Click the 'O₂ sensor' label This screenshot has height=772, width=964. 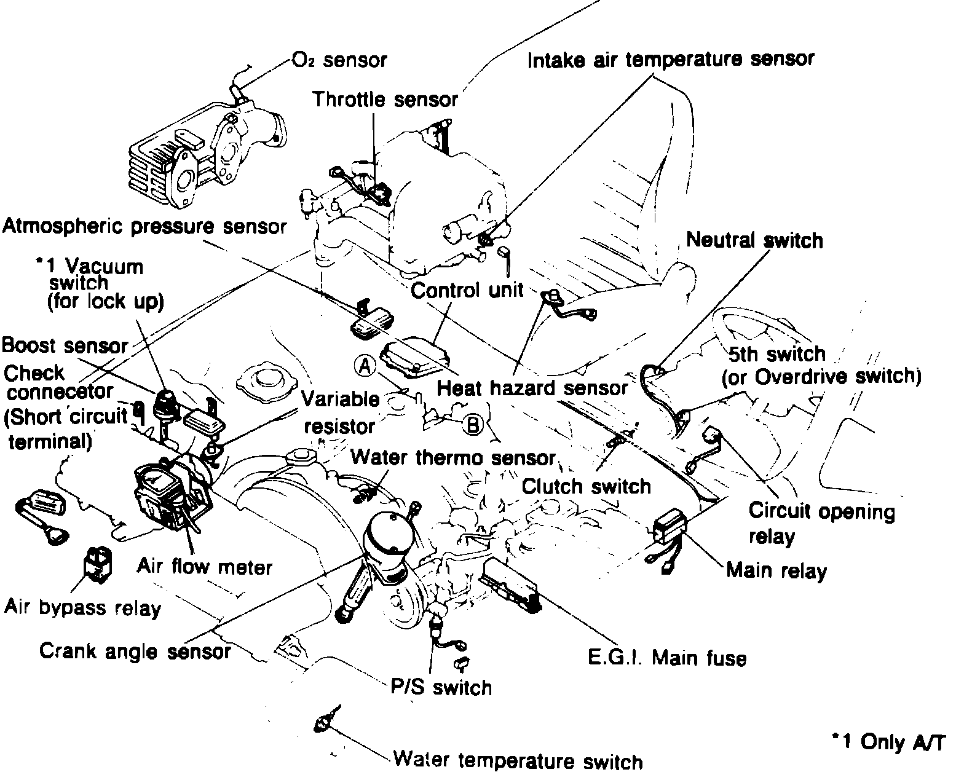[x=339, y=60]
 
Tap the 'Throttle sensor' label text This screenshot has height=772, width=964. [x=385, y=99]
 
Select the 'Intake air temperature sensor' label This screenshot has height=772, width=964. [x=671, y=60]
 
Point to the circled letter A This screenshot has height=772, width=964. [x=365, y=366]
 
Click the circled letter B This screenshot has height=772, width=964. [x=473, y=425]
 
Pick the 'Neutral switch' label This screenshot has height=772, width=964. [x=754, y=240]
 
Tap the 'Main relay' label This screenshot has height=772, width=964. [x=776, y=570]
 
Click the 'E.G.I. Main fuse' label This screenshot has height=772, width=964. [x=666, y=658]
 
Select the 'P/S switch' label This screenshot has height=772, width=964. [x=441, y=687]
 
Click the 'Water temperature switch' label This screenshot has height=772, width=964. [x=518, y=760]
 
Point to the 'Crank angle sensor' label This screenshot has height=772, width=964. [x=135, y=651]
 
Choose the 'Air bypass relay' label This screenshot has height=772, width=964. [x=82, y=608]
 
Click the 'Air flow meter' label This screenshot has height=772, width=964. [x=204, y=565]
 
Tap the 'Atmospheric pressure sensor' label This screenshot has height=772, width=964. [x=144, y=227]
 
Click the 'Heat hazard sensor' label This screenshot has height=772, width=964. [x=532, y=388]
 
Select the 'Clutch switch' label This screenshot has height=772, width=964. [x=586, y=486]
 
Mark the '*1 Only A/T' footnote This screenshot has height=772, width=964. [x=889, y=742]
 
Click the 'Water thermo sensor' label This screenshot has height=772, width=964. [x=453, y=458]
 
